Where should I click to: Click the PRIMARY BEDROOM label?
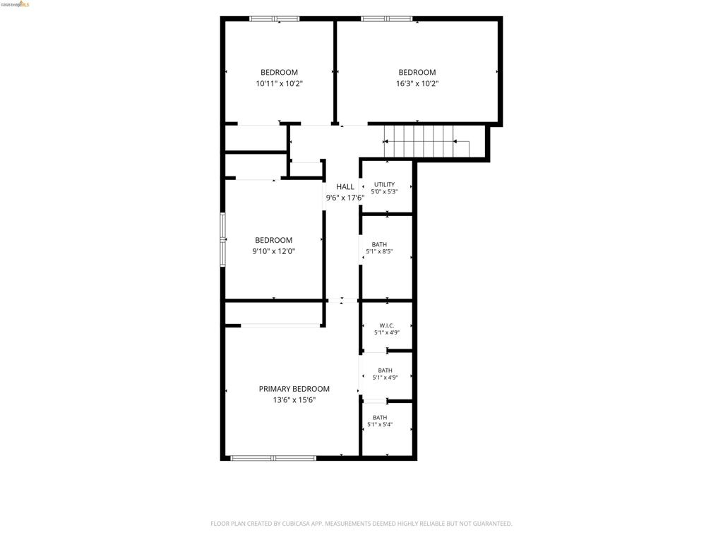click(x=294, y=389)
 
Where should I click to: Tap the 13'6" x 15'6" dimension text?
click(x=294, y=400)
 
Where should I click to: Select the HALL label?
click(x=345, y=186)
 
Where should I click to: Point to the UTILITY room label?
click(x=385, y=184)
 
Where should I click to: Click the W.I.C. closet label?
click(x=387, y=325)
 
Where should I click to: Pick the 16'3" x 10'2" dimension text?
click(x=417, y=84)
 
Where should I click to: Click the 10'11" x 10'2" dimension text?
click(x=280, y=84)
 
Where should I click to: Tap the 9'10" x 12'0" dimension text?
click(x=273, y=252)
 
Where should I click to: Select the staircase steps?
click(x=427, y=141)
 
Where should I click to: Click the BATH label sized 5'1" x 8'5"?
click(x=379, y=244)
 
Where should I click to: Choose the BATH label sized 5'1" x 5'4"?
click(x=380, y=418)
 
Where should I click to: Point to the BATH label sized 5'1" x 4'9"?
click(x=385, y=370)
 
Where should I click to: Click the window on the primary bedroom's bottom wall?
click(x=273, y=458)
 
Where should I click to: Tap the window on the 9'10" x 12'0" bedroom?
click(x=222, y=239)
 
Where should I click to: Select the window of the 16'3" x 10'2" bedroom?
click(x=386, y=19)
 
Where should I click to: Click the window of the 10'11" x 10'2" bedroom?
click(x=275, y=19)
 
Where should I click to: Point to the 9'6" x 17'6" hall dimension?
click(x=345, y=198)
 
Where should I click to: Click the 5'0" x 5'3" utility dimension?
click(x=385, y=192)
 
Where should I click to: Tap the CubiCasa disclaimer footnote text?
click(x=361, y=524)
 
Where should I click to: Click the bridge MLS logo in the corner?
click(x=16, y=4)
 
